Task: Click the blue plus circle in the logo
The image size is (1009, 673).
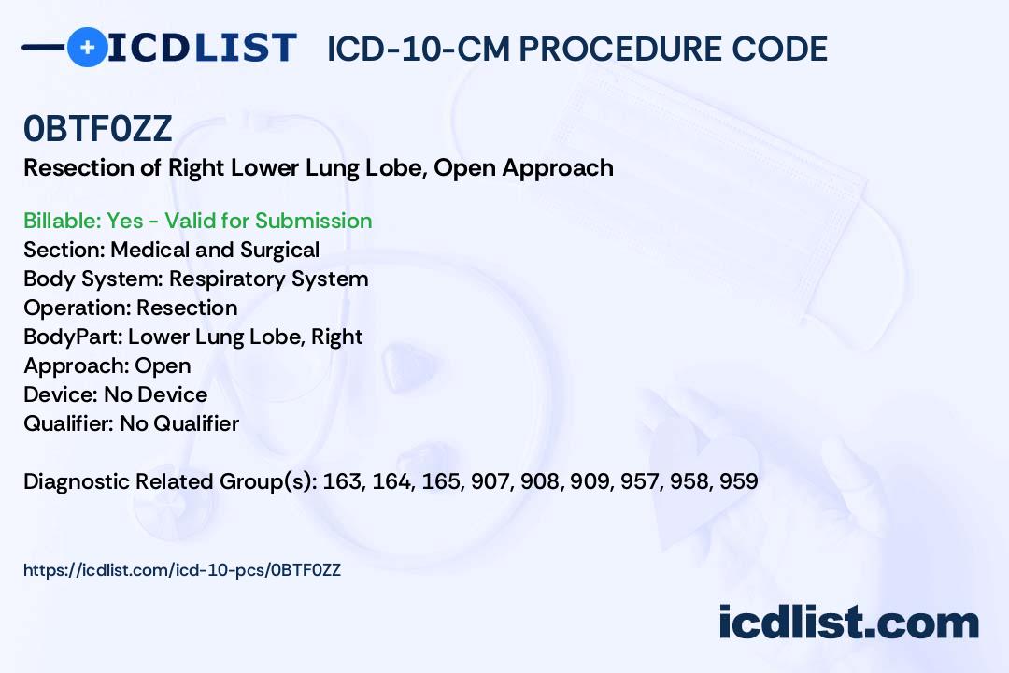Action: pyautogui.click(x=87, y=47)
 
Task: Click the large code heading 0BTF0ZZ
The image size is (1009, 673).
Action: pyautogui.click(x=98, y=128)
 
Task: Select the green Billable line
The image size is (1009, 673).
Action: pyautogui.click(x=197, y=221)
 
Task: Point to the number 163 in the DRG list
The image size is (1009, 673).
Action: pyautogui.click(x=343, y=481)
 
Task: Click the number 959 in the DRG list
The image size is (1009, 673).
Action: pyautogui.click(x=739, y=481)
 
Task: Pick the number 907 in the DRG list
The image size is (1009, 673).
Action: pyautogui.click(x=491, y=481)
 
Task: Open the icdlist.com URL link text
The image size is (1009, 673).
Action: pyautogui.click(x=182, y=570)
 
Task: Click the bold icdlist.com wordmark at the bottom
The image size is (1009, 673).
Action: pyautogui.click(x=848, y=623)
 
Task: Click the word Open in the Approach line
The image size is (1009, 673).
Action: pyautogui.click(x=163, y=366)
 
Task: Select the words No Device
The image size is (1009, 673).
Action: pyautogui.click(x=156, y=394)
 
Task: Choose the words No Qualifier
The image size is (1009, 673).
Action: pyautogui.click(x=179, y=423)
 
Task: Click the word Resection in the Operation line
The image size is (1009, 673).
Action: pyautogui.click(x=187, y=308)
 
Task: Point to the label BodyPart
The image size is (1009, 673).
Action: pyautogui.click(x=73, y=337)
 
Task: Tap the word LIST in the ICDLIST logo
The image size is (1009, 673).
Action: pyautogui.click(x=245, y=48)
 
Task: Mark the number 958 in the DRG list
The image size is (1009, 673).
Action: pyautogui.click(x=689, y=481)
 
